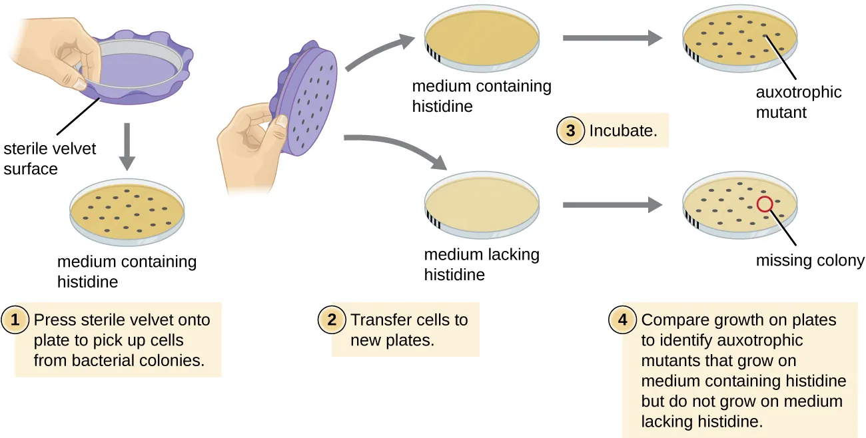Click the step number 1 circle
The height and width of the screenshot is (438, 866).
pos(17,320)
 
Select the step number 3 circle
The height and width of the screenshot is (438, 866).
pos(571,130)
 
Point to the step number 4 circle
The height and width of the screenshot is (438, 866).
pos(623,320)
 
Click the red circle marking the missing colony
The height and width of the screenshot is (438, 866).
pos(765,204)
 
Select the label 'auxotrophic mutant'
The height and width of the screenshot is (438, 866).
pos(798,102)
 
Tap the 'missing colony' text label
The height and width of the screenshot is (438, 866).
pos(809,260)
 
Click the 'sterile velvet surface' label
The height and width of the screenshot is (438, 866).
pos(49,158)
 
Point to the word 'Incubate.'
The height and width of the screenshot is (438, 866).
pos(623,131)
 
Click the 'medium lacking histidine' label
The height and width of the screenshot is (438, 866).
pos(481,264)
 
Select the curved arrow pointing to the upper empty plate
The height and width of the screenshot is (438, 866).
pos(376,53)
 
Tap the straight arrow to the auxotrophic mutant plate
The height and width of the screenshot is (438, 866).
pos(612,39)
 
